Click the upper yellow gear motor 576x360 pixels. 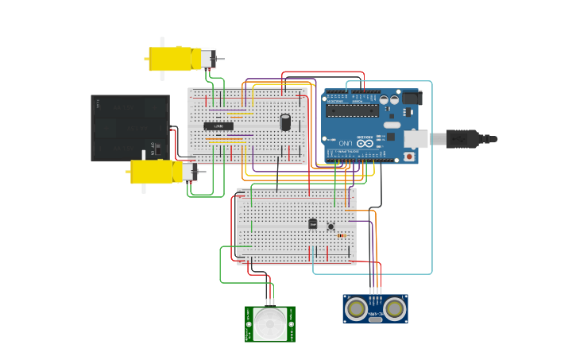pyautogui.click(x=175, y=59)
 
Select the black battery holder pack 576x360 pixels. pyautogui.click(x=130, y=127)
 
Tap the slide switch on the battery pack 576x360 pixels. pyautogui.click(x=157, y=149)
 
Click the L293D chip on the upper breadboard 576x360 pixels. pyautogui.click(x=218, y=126)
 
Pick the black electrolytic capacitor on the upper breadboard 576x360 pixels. pyautogui.click(x=285, y=122)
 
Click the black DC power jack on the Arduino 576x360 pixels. pyautogui.click(x=411, y=98)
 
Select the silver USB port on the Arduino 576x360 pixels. pyautogui.click(x=416, y=139)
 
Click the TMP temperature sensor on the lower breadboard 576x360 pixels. pyautogui.click(x=312, y=224)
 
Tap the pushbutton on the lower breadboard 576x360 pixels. pyautogui.click(x=331, y=226)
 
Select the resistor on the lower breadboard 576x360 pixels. pyautogui.click(x=342, y=235)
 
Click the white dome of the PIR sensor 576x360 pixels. pyautogui.click(x=270, y=324)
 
